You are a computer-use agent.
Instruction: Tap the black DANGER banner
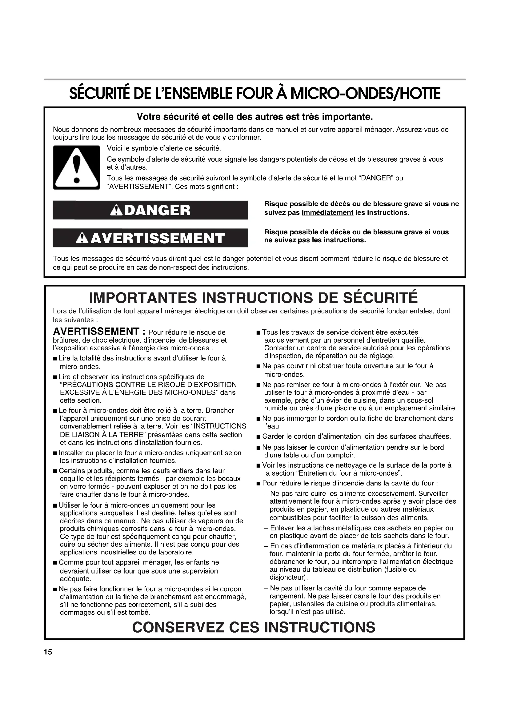click(150, 210)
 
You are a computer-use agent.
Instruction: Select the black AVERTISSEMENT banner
click(150, 238)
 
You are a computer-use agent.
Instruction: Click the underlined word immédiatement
click(327, 213)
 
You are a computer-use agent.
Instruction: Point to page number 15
click(48, 652)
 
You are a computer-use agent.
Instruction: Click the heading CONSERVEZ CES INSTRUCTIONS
click(254, 627)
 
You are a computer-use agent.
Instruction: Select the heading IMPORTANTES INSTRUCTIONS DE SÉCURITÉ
click(254, 298)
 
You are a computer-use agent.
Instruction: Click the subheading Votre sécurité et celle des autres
click(255, 117)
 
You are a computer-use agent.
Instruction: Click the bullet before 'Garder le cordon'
click(258, 437)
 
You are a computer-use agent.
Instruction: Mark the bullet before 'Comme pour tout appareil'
click(55, 563)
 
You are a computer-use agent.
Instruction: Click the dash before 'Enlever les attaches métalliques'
click(266, 528)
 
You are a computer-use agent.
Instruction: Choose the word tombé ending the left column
click(139, 612)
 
